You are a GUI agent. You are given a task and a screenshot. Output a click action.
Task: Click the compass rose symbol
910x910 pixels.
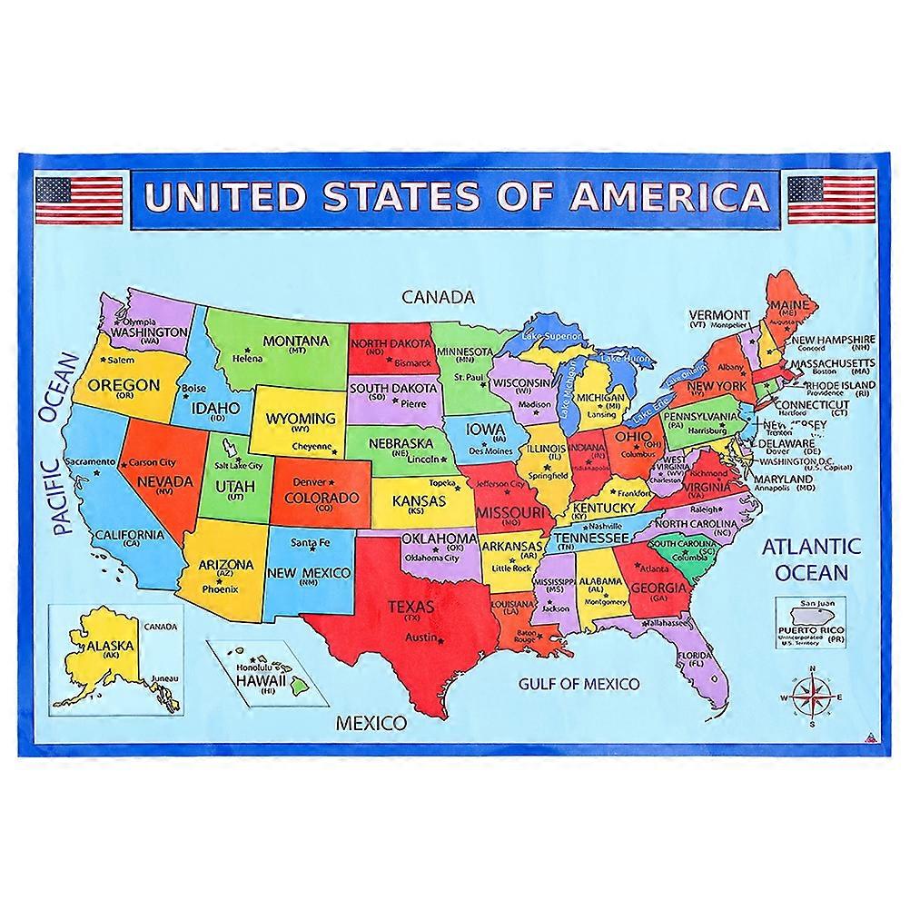(x=811, y=697)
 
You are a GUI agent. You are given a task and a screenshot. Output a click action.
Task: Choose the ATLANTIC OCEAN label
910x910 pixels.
(x=810, y=559)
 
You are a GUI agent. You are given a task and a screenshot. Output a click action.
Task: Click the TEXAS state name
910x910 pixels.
(x=411, y=606)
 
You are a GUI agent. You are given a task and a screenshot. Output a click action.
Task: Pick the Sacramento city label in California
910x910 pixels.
(x=90, y=461)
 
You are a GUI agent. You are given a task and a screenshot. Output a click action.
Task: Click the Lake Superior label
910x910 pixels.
(x=550, y=337)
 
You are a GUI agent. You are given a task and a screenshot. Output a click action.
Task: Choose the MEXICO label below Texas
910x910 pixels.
(x=371, y=724)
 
